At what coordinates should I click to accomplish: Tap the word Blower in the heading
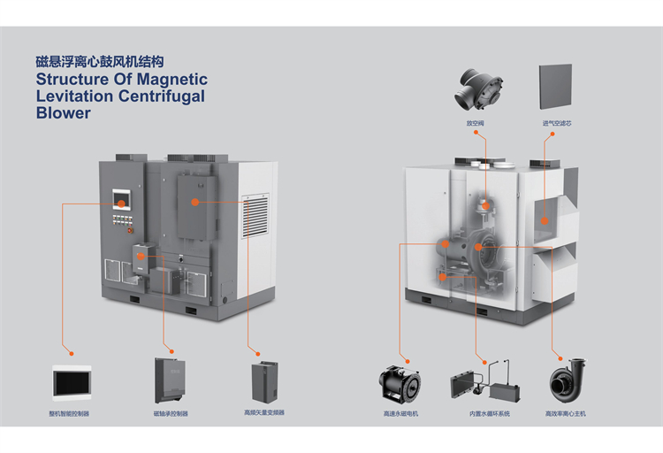[63, 113]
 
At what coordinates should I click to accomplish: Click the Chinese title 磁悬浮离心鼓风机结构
[99, 62]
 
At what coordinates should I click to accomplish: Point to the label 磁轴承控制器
[171, 413]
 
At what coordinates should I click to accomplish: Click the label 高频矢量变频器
[263, 413]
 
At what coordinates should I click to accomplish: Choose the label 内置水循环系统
[490, 413]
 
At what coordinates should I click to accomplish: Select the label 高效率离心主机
[565, 413]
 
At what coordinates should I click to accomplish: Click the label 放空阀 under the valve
[476, 122]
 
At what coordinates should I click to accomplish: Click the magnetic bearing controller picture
[171, 380]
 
